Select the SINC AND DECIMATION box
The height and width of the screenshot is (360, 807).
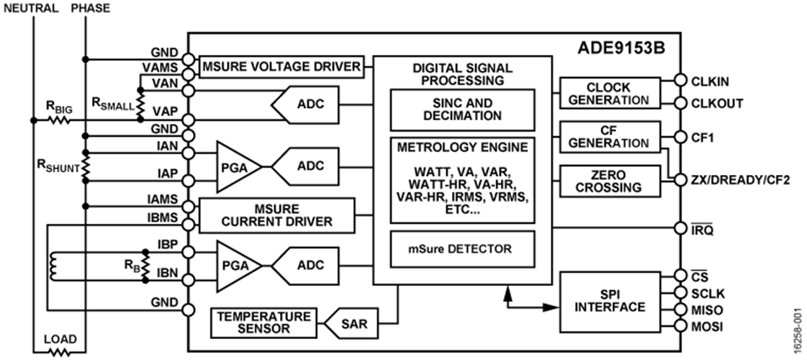coord(461,109)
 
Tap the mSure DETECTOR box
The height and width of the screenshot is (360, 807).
coord(461,249)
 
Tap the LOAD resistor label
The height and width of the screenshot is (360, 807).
coord(60,338)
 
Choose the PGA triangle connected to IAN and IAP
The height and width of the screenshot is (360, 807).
coord(237,166)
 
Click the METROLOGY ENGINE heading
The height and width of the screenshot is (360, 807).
coord(461,148)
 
